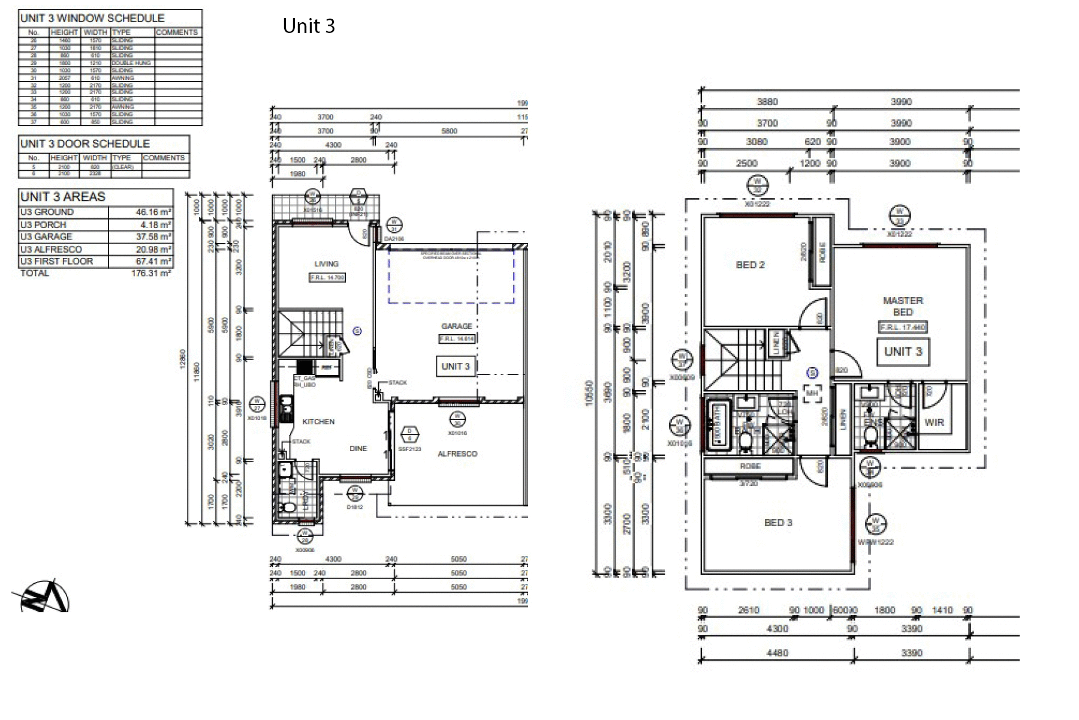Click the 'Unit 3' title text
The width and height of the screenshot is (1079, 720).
click(x=309, y=26)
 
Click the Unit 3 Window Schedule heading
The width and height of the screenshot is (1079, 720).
click(x=92, y=19)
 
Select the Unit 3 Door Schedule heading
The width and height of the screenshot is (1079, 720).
click(x=85, y=144)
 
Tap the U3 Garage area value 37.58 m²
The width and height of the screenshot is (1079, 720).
click(x=153, y=237)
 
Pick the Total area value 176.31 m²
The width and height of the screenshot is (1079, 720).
click(x=150, y=274)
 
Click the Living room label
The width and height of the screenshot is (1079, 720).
click(x=326, y=264)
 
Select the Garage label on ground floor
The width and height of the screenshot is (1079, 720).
click(x=457, y=326)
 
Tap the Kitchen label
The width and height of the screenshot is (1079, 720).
click(x=318, y=422)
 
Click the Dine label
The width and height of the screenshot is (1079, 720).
click(x=358, y=449)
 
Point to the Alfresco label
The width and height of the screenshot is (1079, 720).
click(x=457, y=454)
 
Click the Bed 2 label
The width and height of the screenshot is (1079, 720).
click(x=750, y=265)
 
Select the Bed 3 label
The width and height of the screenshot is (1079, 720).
click(x=778, y=523)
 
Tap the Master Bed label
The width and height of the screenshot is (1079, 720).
click(x=903, y=306)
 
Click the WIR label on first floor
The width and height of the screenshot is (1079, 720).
click(x=934, y=422)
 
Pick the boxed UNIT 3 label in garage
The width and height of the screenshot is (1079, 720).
click(x=456, y=367)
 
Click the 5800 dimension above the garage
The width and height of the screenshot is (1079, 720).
click(x=449, y=131)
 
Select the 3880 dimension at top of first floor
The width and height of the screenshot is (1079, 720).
click(x=767, y=102)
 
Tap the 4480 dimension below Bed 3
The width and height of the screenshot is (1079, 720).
click(x=777, y=653)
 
